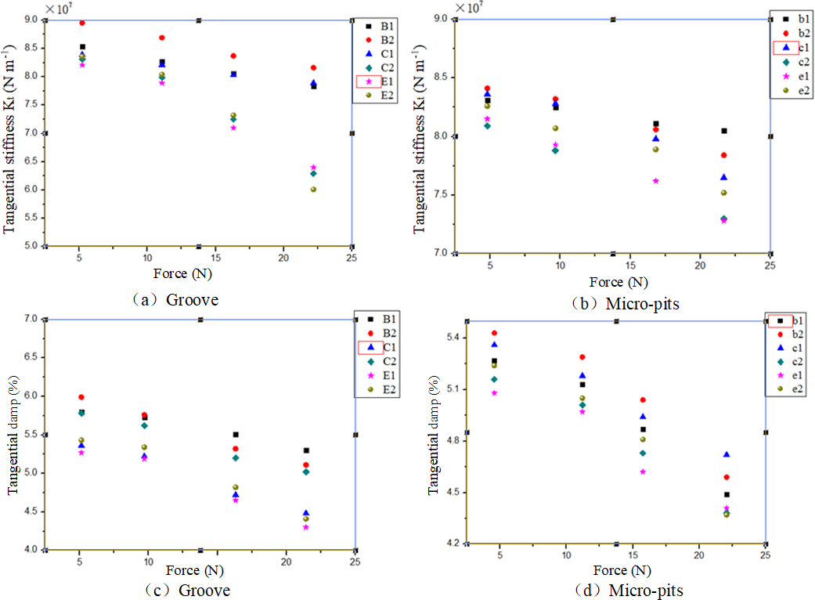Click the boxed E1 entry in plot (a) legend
(369, 81)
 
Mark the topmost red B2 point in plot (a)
(82, 23)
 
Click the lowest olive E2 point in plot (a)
(313, 189)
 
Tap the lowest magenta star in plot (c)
(306, 526)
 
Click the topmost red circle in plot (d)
(494, 333)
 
